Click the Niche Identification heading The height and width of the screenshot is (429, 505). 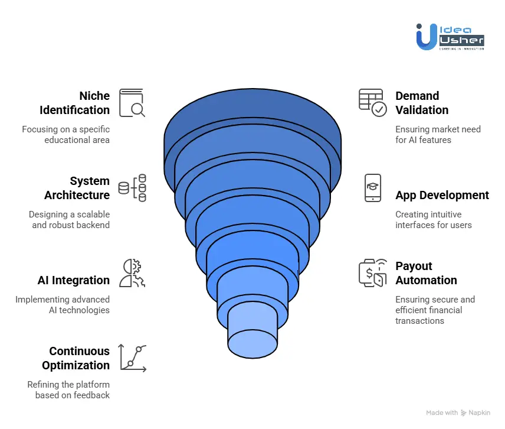[75, 103]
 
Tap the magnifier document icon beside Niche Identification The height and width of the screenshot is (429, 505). [132, 103]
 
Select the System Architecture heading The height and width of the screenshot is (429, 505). [77, 188]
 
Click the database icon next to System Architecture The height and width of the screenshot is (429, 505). [132, 188]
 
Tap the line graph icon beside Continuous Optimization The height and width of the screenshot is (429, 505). [133, 357]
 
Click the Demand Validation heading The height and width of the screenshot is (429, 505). [422, 103]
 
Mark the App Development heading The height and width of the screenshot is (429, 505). [442, 195]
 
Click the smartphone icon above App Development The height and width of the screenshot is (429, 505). [373, 188]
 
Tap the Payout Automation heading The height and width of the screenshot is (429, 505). [426, 273]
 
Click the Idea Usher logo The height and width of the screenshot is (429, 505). [450, 37]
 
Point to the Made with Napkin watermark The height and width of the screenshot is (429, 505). [458, 412]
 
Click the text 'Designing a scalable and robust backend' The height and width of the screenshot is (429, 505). [70, 219]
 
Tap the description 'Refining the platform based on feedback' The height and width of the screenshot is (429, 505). [68, 389]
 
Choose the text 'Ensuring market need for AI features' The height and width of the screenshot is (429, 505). [438, 134]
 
